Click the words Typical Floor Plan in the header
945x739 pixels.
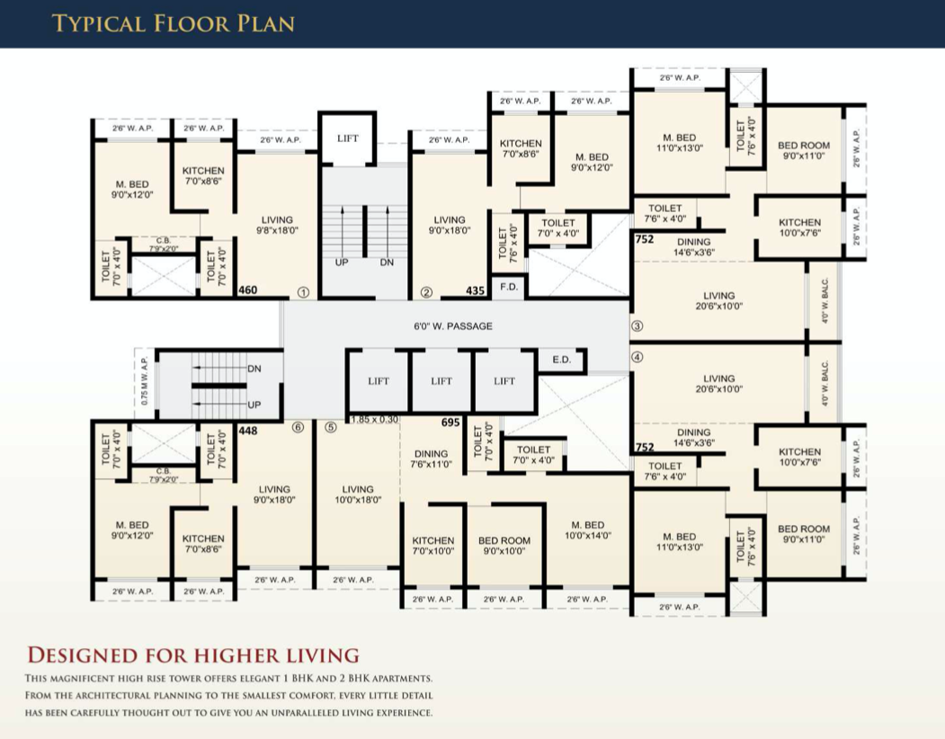click(174, 22)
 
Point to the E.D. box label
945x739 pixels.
click(561, 360)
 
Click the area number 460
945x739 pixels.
click(248, 290)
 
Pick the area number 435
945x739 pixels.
click(476, 290)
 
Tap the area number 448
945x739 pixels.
click(249, 431)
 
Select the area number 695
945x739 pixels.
click(451, 422)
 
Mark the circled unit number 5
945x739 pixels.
click(330, 428)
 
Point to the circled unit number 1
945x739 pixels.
click(303, 292)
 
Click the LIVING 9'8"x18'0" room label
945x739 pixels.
click(277, 225)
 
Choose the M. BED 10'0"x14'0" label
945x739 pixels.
click(587, 530)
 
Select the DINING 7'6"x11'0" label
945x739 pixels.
click(431, 459)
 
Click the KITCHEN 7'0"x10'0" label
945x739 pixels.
click(432, 546)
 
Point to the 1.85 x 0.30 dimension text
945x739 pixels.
click(375, 420)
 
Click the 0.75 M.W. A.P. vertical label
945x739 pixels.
click(145, 383)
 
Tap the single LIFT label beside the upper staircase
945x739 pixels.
click(348, 138)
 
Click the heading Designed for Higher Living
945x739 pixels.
click(193, 654)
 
